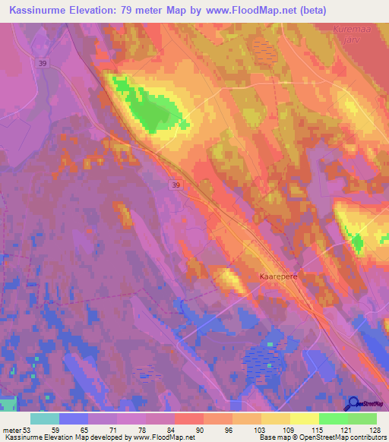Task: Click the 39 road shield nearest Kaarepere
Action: pyautogui.click(x=176, y=185)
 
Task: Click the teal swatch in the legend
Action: pyautogui.click(x=44, y=418)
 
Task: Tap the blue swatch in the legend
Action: pyautogui.click(x=73, y=418)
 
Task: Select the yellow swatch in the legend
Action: pyautogui.click(x=304, y=418)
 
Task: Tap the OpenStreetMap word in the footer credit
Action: pyautogui.click(x=330, y=437)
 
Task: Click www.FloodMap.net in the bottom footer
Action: pyautogui.click(x=163, y=437)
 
